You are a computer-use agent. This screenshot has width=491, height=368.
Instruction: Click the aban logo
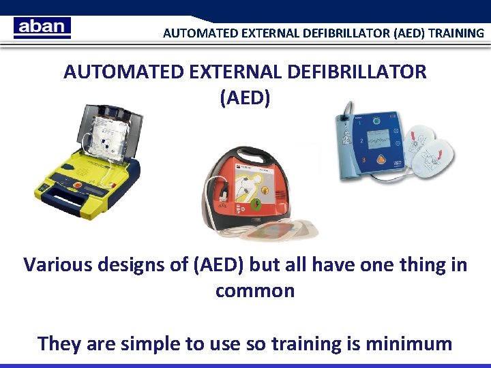[x=42, y=27]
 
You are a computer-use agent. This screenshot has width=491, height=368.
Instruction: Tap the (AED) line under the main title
[x=245, y=97]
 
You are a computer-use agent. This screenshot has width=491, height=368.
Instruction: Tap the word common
[x=255, y=291]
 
